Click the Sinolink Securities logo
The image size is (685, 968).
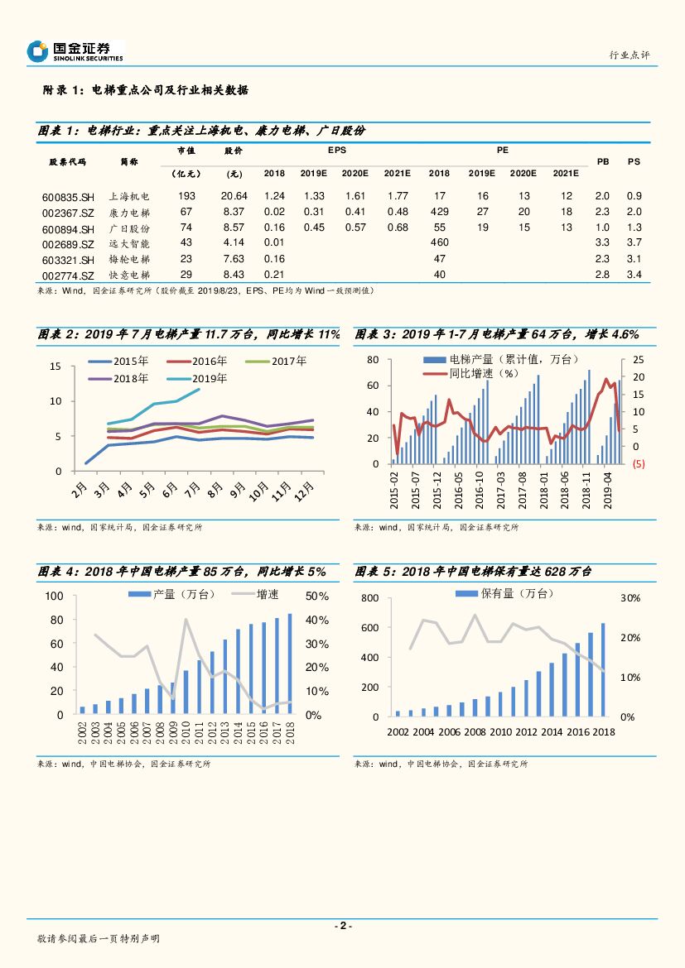click(x=75, y=51)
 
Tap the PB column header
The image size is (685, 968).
click(x=603, y=161)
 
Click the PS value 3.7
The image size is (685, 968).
click(x=634, y=242)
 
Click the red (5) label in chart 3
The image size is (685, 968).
click(x=639, y=464)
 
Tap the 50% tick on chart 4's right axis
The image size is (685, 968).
click(x=317, y=597)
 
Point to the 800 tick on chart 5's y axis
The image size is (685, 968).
click(x=369, y=597)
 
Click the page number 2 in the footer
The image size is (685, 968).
click(x=342, y=926)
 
